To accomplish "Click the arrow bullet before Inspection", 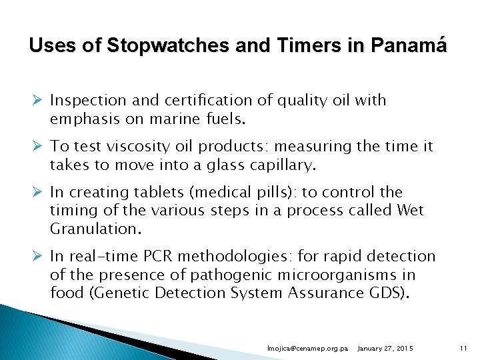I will pyautogui.click(x=39, y=101).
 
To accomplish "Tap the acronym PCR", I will pyautogui.click(x=191, y=257).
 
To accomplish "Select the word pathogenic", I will pyautogui.click(x=229, y=275).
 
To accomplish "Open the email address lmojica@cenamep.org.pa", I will pyautogui.click(x=307, y=349).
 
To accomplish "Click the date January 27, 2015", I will pyautogui.click(x=385, y=349).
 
